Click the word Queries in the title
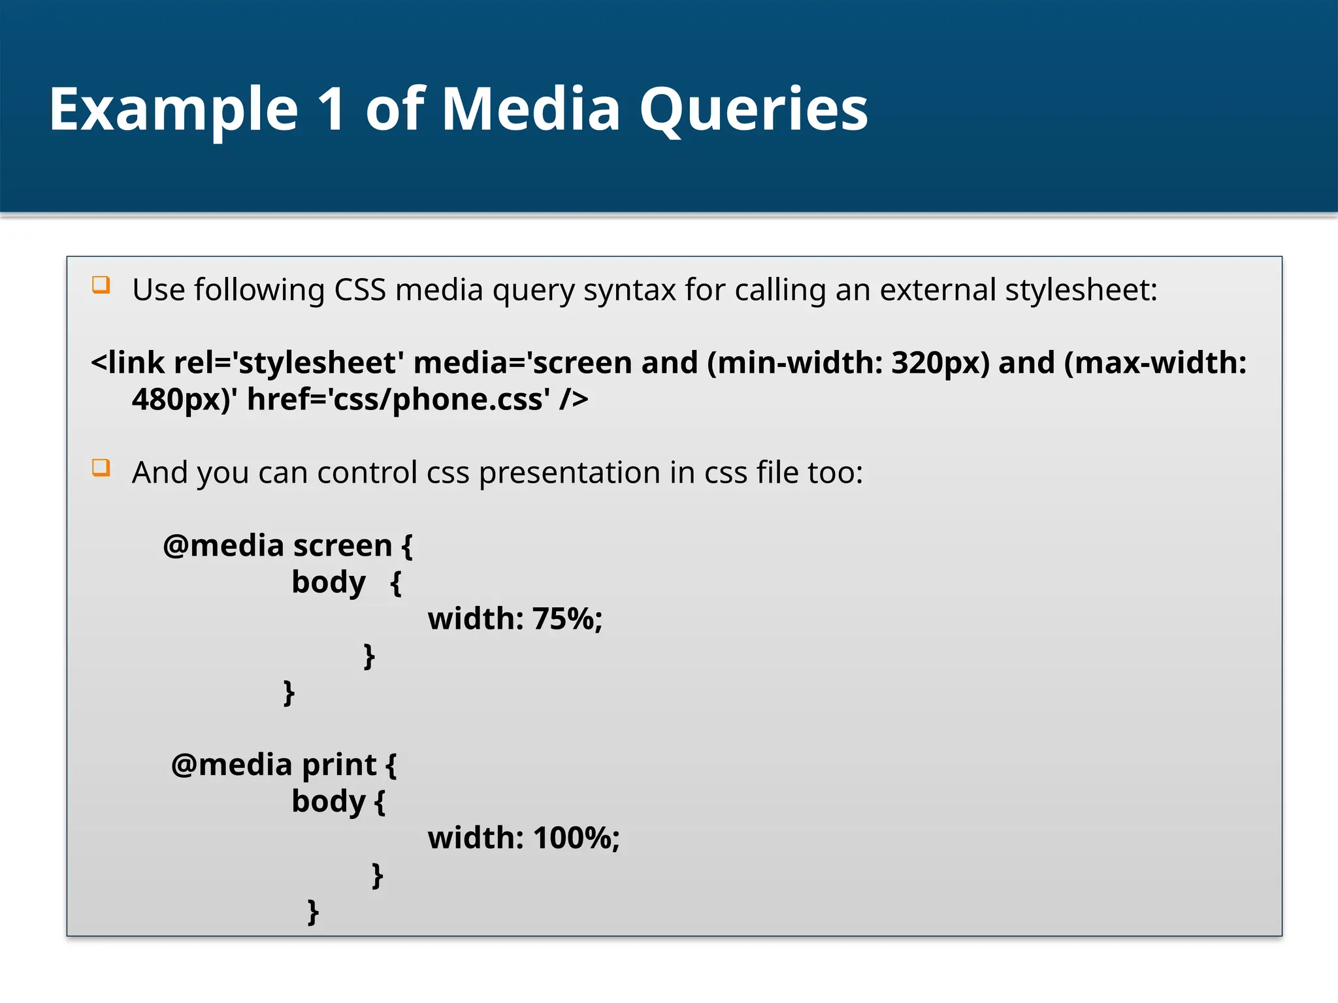[753, 110]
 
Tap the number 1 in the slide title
[331, 110]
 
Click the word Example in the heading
[174, 110]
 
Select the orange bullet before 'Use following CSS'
[101, 285]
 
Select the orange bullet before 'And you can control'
[101, 468]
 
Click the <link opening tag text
[128, 362]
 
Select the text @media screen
[278, 545]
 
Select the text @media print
[274, 764]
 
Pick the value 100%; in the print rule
[576, 838]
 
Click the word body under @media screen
[328, 582]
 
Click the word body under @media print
[328, 801]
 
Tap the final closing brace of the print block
[313, 911]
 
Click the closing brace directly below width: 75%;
[369, 655]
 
